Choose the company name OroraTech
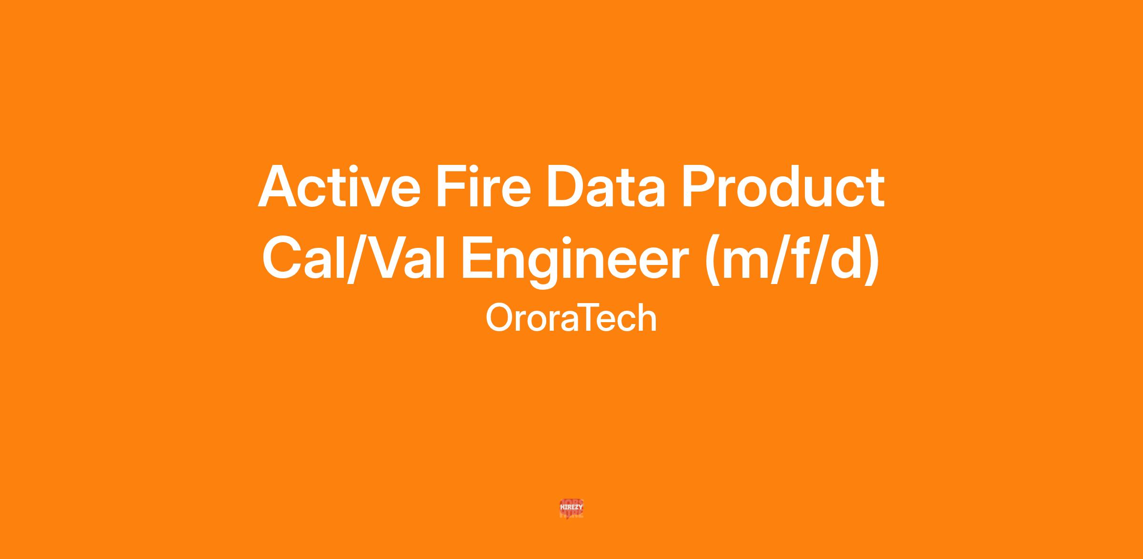click(x=571, y=318)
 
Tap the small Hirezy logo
click(x=571, y=508)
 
